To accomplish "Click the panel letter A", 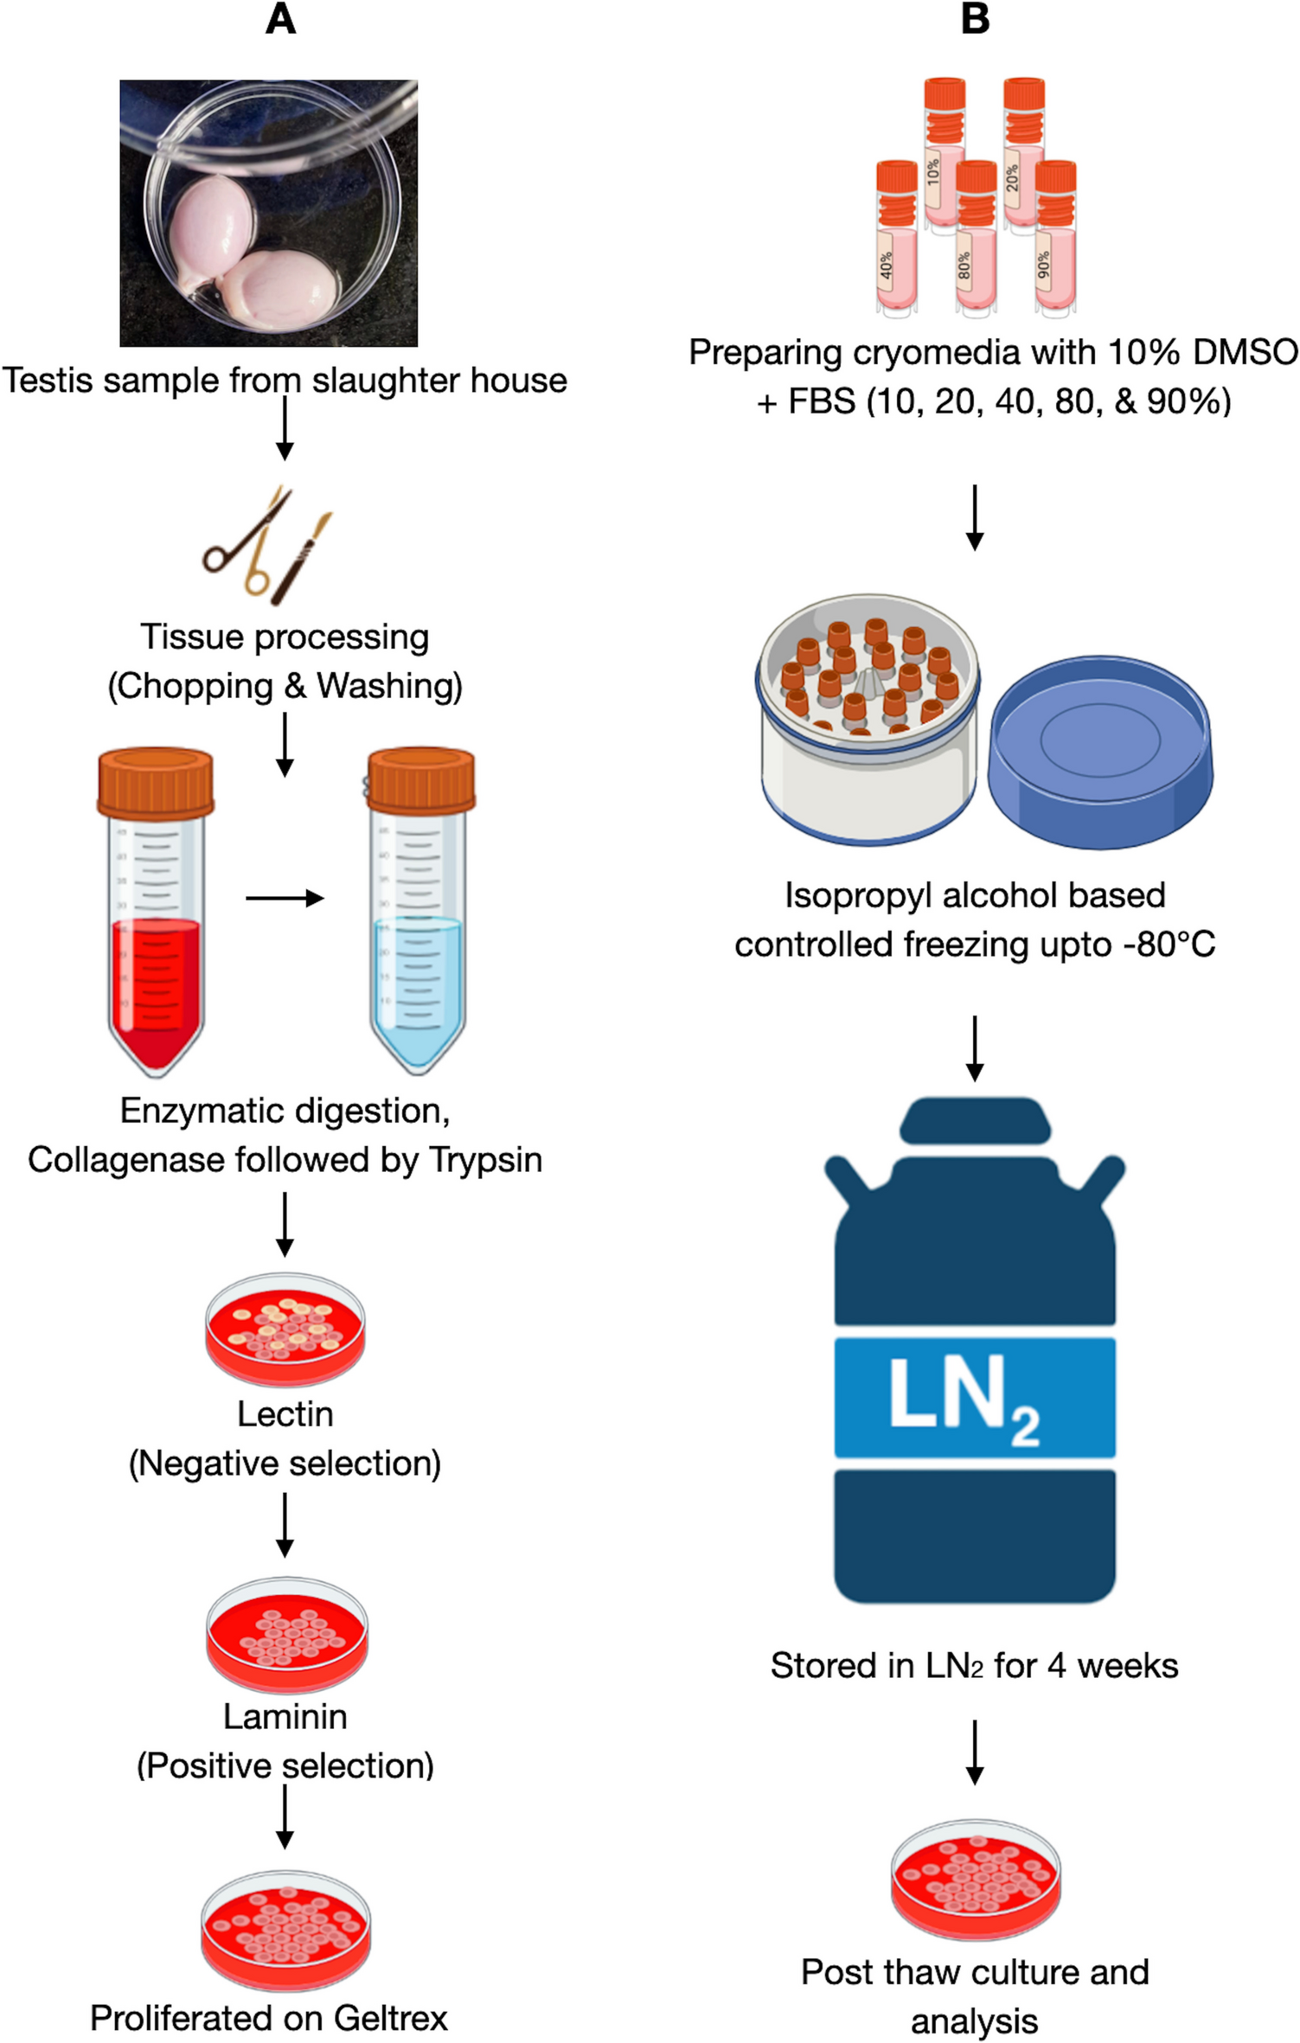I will [281, 19].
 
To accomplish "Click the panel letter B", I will [975, 19].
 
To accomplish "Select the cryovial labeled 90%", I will [1055, 238].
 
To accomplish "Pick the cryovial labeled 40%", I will [896, 238].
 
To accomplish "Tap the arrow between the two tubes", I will [285, 899].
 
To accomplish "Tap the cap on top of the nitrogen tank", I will [975, 1120].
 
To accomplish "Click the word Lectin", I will [285, 1414].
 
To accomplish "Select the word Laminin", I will [285, 1717].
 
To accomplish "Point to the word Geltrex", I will [390, 2018].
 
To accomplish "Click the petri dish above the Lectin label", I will [285, 1329].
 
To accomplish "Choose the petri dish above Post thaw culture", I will [975, 1879].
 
